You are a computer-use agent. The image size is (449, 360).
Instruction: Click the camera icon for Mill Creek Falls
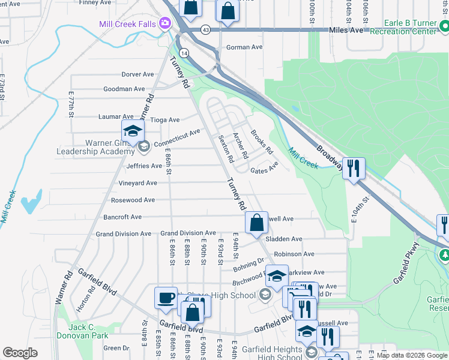tap(164, 23)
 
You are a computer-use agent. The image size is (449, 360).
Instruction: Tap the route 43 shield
tap(205, 29)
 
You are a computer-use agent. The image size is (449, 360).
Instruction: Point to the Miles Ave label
tap(347, 29)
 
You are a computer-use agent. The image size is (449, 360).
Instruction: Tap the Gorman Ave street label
tap(244, 47)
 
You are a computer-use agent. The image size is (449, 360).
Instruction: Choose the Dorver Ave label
tap(137, 74)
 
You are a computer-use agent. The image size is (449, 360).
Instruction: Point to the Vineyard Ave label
tap(137, 183)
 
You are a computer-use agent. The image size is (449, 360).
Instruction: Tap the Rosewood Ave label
tap(133, 200)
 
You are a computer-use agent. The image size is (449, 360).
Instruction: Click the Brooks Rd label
tap(262, 142)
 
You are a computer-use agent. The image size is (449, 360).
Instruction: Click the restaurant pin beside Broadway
tap(354, 168)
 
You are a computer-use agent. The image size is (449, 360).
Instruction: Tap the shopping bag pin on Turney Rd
tap(256, 223)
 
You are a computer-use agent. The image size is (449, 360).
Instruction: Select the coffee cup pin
tap(166, 298)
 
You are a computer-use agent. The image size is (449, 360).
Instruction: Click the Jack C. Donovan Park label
tap(88, 331)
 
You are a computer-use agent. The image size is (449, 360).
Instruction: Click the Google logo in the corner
tap(20, 353)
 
